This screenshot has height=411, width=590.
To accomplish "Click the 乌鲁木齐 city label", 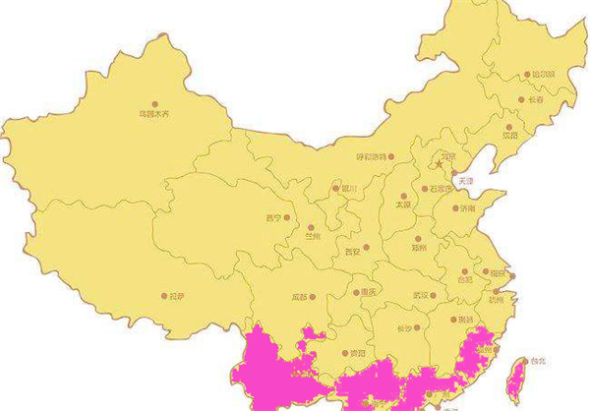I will [153, 115].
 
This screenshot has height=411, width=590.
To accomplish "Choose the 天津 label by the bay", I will [465, 181].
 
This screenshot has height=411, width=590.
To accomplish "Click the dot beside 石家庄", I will [424, 189].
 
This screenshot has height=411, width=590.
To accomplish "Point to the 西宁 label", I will [273, 218].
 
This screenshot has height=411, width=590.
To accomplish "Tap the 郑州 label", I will [422, 250].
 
